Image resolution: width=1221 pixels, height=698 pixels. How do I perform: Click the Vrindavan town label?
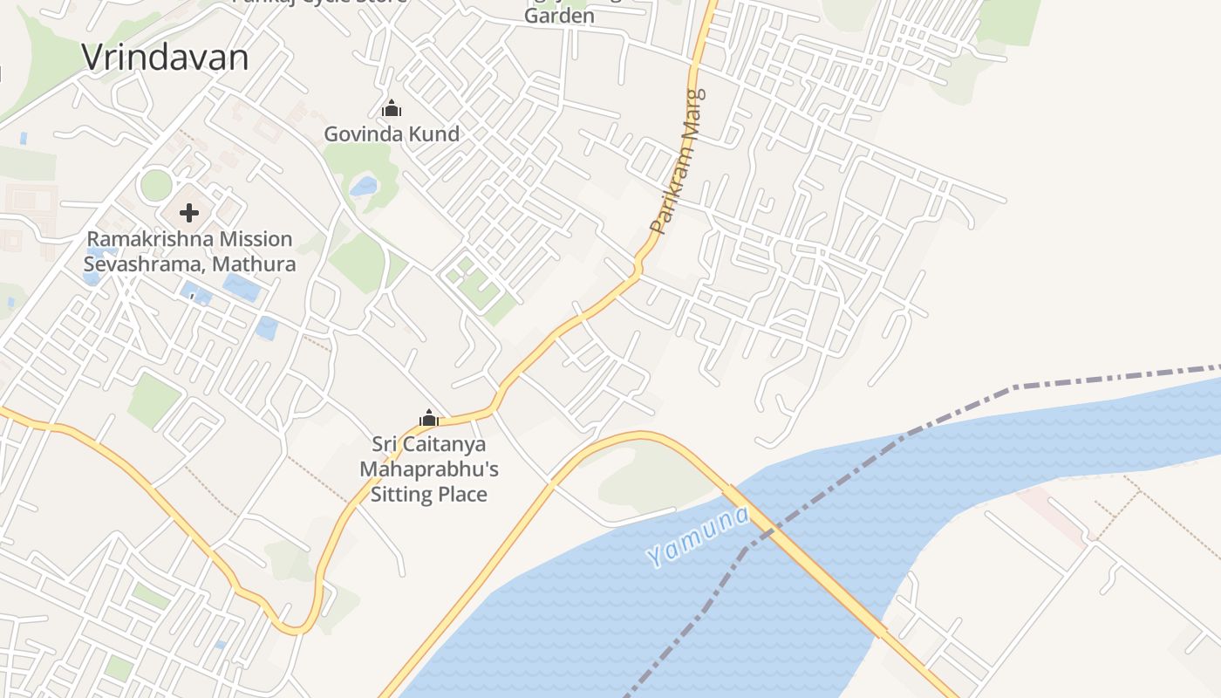point(165,58)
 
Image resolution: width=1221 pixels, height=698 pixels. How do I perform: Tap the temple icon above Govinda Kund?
point(392,109)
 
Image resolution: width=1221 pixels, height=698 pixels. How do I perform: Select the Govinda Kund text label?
point(392,134)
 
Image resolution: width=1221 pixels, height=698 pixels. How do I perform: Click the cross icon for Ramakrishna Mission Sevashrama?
point(189,212)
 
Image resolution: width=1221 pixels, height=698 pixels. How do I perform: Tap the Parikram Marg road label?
point(678,161)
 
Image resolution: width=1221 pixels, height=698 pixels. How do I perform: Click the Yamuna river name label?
point(699,536)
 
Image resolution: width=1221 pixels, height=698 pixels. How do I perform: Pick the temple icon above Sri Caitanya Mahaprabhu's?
point(428,419)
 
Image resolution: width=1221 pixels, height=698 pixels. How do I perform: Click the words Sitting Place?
point(428,495)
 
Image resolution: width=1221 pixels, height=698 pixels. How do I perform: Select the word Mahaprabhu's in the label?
point(429,469)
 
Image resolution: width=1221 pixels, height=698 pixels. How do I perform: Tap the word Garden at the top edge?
point(559,16)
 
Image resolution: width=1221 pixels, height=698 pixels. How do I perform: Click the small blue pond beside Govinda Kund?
point(364,186)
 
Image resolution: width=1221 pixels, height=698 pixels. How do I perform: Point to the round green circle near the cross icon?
point(156,185)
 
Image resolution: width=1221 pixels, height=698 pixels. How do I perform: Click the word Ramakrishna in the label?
point(140,239)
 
